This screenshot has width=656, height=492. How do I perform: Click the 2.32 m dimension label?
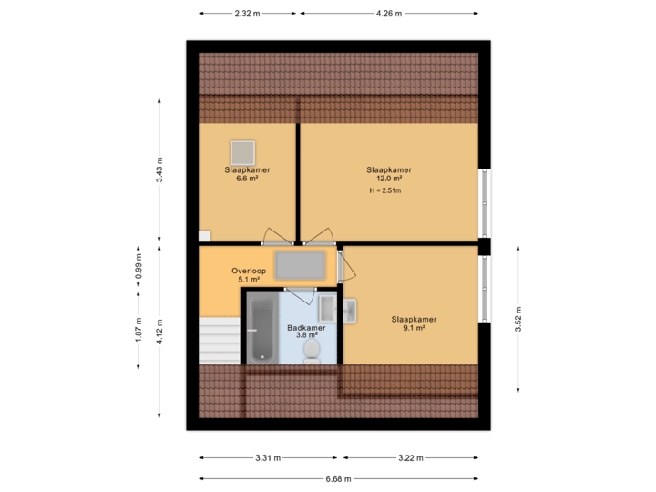coord(248,14)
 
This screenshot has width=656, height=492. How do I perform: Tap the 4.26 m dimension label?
coord(389,14)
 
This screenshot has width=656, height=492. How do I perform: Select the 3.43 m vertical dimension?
coord(159,170)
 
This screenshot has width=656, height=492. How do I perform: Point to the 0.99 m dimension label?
coord(138,266)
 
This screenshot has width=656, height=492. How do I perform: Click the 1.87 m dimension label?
coord(138,329)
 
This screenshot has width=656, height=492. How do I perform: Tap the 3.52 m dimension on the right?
coord(518,319)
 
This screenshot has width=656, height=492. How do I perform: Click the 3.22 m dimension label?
coord(410,457)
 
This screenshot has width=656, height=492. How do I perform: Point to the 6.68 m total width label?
coord(339,478)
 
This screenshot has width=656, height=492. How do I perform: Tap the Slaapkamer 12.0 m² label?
coord(389,174)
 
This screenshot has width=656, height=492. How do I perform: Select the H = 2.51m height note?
coord(385,191)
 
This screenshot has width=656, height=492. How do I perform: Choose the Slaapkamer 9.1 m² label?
coord(414,323)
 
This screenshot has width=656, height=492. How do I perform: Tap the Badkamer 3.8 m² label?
coord(302,332)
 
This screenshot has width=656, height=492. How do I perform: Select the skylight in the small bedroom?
coord(243,151)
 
